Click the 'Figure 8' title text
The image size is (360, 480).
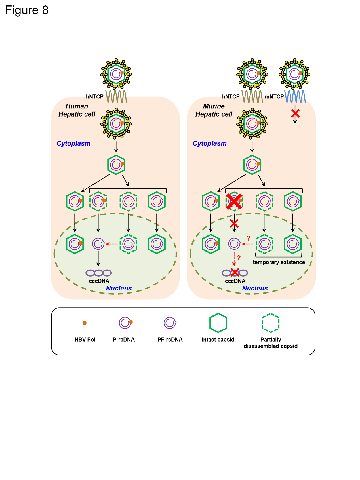point(27,10)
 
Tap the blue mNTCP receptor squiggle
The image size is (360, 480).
point(295,96)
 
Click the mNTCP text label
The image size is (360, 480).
point(274,97)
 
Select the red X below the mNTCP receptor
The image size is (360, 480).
point(295,114)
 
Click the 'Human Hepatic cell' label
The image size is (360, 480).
point(77,110)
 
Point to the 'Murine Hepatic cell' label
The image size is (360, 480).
point(214,110)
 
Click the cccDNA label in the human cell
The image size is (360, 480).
point(99,281)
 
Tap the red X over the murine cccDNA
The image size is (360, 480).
point(235,272)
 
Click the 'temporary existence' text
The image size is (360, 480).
point(279,262)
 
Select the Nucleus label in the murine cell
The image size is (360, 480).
point(255,288)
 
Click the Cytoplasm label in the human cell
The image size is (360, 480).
point(73,144)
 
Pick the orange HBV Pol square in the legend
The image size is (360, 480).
point(85,323)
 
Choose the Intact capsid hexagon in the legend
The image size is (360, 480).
point(218,323)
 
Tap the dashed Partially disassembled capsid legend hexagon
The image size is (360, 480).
point(271,323)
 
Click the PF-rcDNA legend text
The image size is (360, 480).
point(170,340)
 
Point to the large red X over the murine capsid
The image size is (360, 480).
point(234,201)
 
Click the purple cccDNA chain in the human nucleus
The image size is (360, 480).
point(98,273)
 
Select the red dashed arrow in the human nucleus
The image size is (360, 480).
point(111,244)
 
